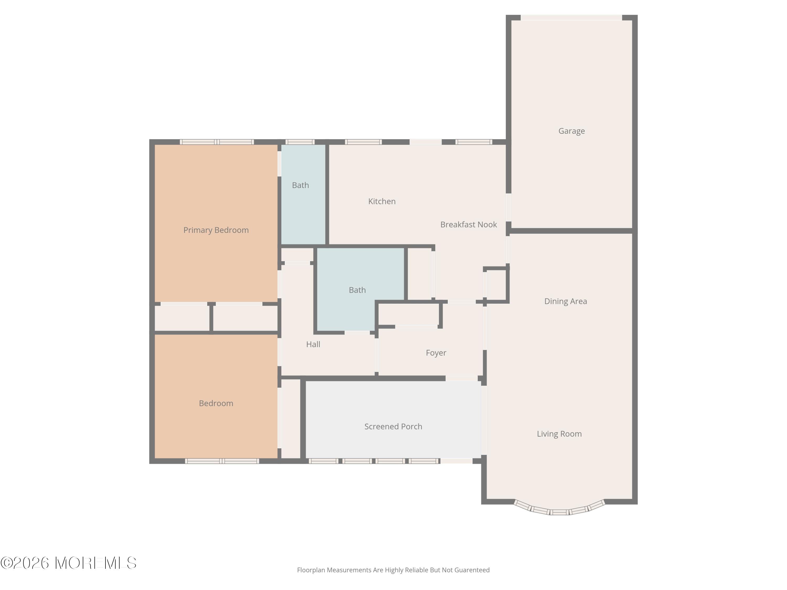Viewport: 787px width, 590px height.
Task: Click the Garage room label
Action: (571, 131)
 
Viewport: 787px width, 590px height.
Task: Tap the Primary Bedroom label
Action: (216, 230)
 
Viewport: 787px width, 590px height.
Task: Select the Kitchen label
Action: (382, 201)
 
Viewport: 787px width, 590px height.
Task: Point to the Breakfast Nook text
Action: (468, 224)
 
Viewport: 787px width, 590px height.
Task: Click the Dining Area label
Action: (565, 301)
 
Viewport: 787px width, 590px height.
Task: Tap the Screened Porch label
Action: (393, 426)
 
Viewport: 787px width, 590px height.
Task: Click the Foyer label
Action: (436, 353)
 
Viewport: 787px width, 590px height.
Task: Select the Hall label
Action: (313, 344)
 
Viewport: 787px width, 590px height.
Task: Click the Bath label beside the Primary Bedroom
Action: (300, 185)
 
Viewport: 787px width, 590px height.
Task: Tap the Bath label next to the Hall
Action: (357, 290)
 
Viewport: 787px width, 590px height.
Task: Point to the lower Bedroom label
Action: (216, 403)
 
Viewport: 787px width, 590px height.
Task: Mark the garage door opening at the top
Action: (571, 17)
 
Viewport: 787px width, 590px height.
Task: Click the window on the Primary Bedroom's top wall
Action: (217, 142)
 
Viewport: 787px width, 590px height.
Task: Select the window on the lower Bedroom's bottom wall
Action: (222, 461)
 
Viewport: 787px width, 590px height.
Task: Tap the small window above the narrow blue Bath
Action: (300, 142)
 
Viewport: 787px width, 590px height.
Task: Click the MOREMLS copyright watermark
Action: (68, 563)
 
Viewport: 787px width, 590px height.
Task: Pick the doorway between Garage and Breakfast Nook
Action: (508, 207)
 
